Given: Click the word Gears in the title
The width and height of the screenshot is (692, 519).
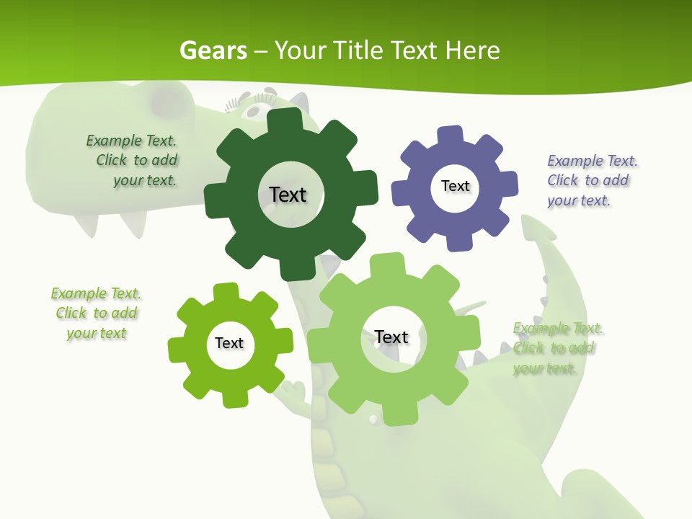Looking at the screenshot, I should (x=213, y=50).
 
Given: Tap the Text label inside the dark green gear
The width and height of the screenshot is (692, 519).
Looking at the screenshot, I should (x=288, y=195).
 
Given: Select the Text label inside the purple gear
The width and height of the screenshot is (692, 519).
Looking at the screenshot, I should (x=455, y=186).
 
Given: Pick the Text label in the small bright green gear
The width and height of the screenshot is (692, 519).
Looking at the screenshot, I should (x=229, y=344).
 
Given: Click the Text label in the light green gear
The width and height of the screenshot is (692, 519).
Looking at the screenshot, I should (x=391, y=337).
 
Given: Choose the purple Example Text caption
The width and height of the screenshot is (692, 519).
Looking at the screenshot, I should (x=590, y=180).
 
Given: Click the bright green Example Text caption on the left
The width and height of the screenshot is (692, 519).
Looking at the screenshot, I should (x=96, y=314).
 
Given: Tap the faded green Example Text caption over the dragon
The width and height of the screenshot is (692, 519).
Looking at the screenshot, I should (x=556, y=348).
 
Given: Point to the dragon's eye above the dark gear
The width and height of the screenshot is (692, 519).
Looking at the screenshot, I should (x=253, y=110).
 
